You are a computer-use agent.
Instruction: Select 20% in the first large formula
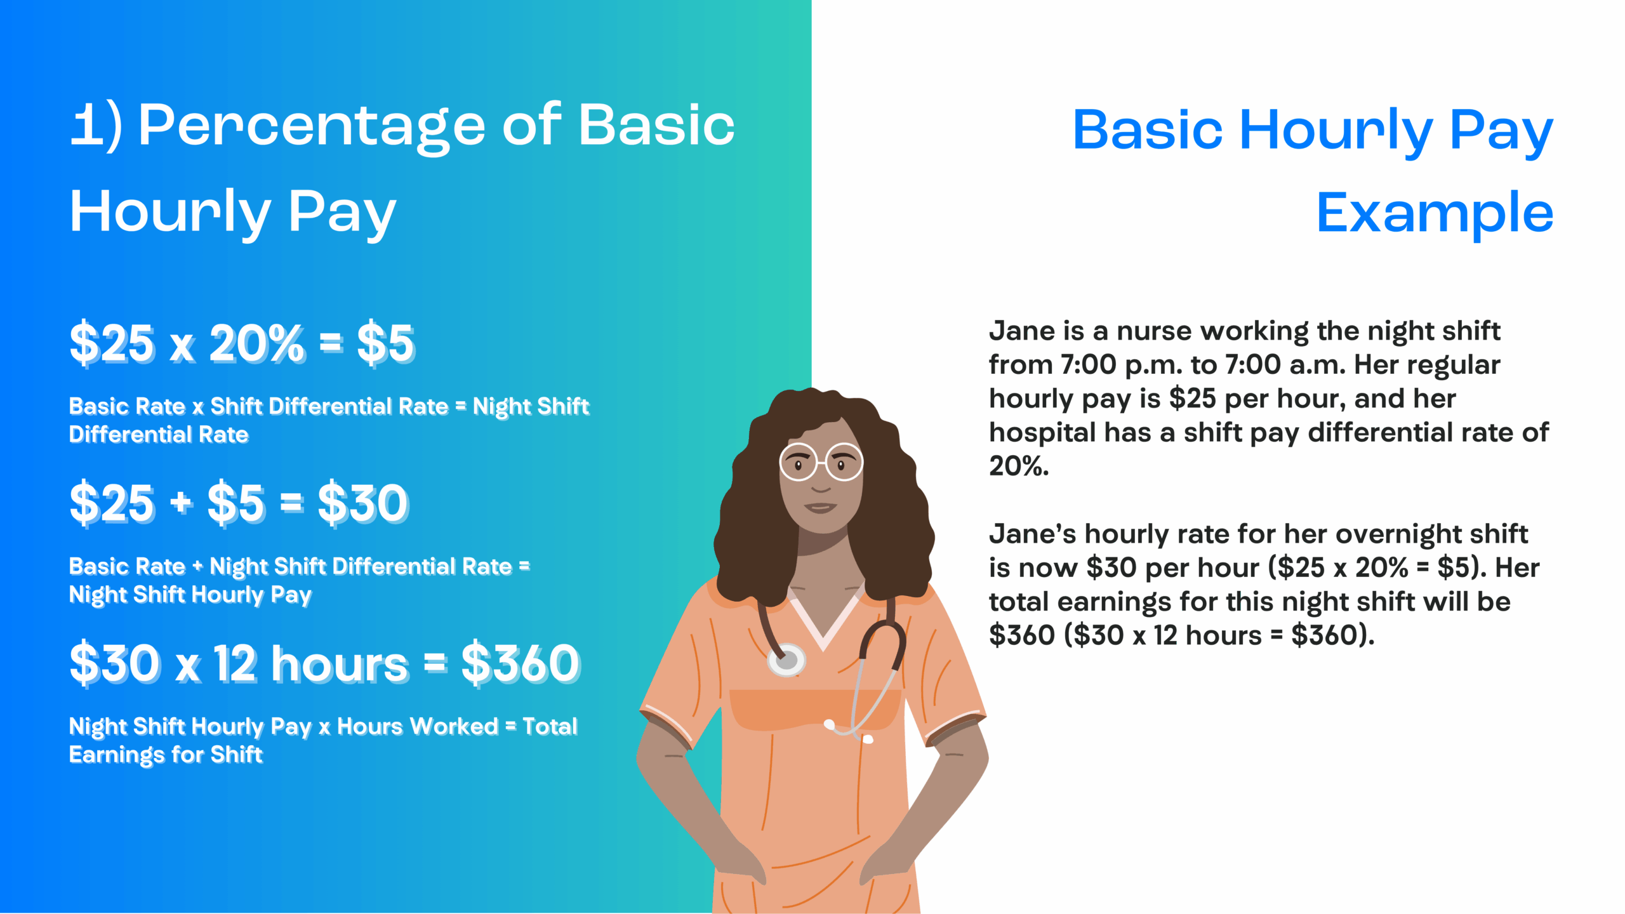coord(257,343)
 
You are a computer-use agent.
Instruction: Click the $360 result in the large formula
coord(521,664)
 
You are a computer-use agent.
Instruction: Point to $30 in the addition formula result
coord(364,503)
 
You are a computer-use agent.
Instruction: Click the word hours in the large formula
coord(340,664)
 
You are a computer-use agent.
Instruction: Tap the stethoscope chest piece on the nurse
coord(786,660)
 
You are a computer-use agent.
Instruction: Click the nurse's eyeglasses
coord(821,462)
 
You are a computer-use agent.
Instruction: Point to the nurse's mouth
coord(820,507)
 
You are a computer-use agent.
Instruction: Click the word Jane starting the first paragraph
coord(1022,331)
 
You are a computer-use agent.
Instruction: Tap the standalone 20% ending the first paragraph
coord(1019,467)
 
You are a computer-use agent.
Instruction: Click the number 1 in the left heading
coord(87,126)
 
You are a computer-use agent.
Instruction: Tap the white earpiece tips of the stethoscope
coord(848,731)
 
